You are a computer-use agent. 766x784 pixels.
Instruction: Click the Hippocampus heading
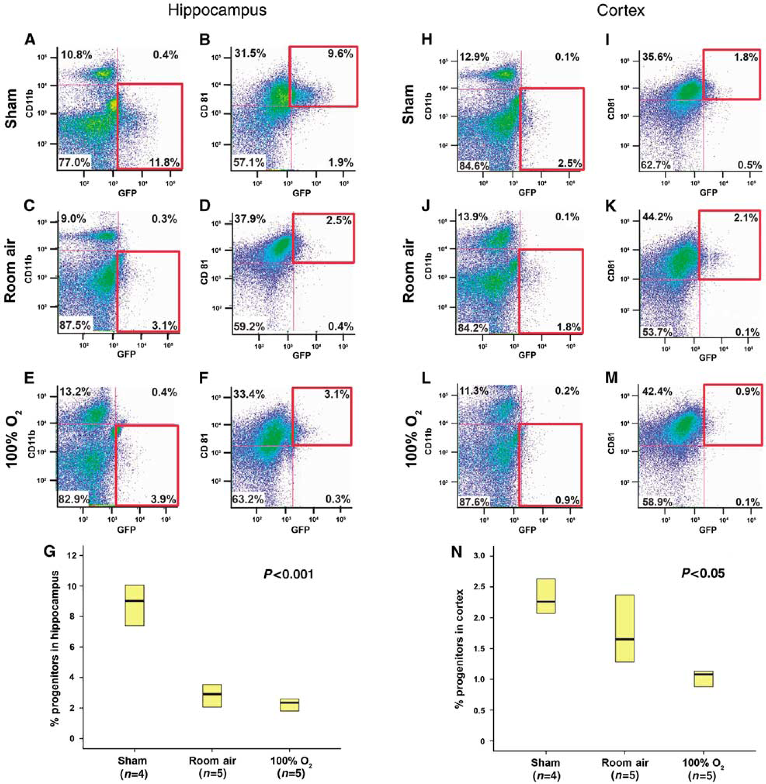coord(217,11)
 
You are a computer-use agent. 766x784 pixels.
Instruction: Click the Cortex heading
coord(621,11)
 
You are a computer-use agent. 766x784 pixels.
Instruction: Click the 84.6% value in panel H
coord(474,165)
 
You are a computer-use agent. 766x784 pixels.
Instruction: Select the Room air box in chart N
coord(625,628)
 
